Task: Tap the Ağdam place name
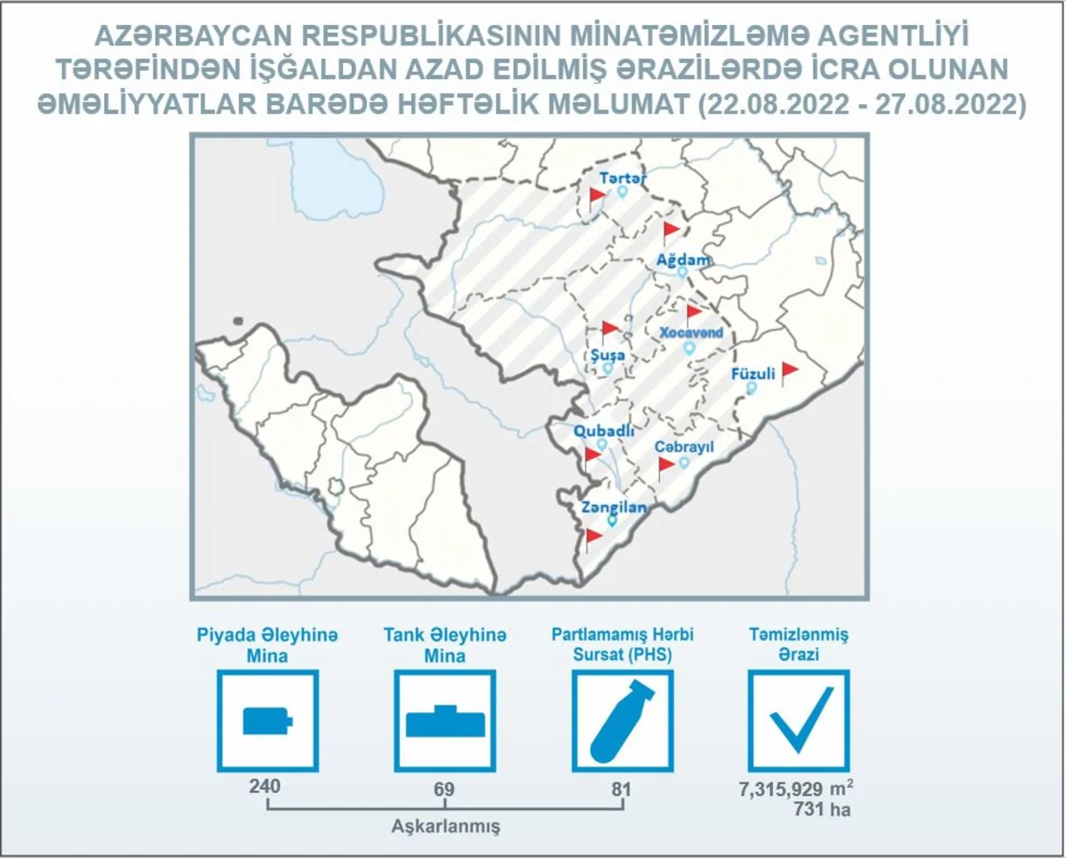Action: (x=683, y=260)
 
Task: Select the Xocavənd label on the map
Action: (x=691, y=333)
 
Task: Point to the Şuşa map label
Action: (x=608, y=356)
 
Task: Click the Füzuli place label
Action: (x=753, y=373)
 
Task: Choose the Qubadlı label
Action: (x=604, y=431)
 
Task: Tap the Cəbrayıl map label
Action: (x=684, y=447)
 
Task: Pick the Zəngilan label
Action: (x=614, y=508)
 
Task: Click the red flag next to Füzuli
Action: (x=790, y=373)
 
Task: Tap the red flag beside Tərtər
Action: (x=597, y=198)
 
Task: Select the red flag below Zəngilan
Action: (x=593, y=540)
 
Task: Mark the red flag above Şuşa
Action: (x=609, y=333)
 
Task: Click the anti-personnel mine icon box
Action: (x=267, y=720)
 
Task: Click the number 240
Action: (x=265, y=787)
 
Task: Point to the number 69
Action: (x=444, y=789)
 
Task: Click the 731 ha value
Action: (x=823, y=809)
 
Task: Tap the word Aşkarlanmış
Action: (x=446, y=827)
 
